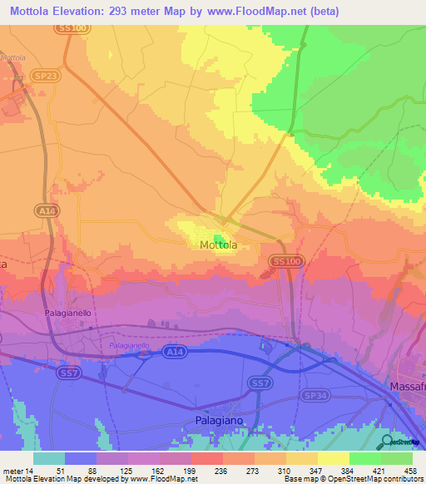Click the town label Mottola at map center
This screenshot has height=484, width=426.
(x=218, y=245)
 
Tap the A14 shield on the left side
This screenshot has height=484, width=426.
(x=46, y=212)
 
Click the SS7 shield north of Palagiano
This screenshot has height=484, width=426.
(x=261, y=383)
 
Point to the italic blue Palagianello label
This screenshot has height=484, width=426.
(x=129, y=344)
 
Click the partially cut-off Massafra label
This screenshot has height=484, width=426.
(x=407, y=388)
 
